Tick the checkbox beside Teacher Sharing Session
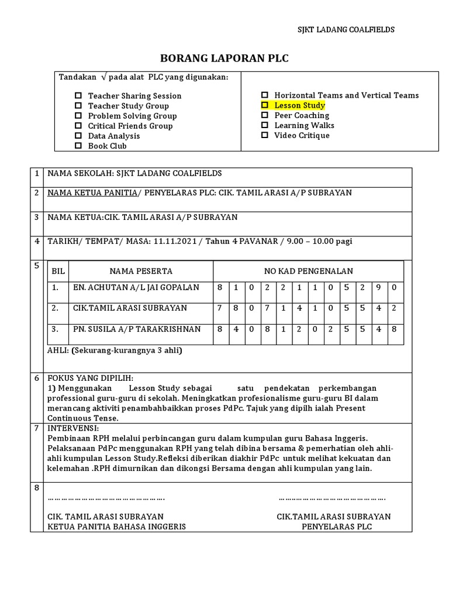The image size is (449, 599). [78, 96]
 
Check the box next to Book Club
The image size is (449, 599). [78, 146]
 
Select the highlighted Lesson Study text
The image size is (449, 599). [299, 105]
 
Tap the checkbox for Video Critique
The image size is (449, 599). [264, 135]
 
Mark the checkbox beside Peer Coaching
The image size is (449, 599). [264, 115]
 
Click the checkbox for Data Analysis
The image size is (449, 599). [78, 136]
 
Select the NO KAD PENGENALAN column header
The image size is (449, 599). [308, 271]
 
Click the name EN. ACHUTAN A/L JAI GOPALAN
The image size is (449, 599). [136, 287]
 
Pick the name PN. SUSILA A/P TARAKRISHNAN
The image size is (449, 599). [137, 329]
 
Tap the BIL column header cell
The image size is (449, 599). [58, 271]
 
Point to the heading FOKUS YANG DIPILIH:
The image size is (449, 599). [91, 378]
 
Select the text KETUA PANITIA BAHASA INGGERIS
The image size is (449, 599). [116, 526]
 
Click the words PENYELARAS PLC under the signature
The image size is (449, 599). [336, 526]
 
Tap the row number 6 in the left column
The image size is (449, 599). [36, 378]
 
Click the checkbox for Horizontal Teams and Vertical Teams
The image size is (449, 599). [264, 95]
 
